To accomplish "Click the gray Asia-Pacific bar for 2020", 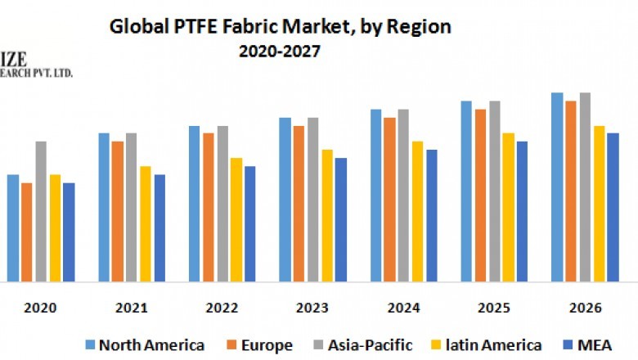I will (x=41, y=211).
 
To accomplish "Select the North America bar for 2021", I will (x=104, y=207).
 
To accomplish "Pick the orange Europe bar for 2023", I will (x=299, y=204).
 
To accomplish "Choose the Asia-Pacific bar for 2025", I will (x=494, y=191).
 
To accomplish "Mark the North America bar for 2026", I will (x=557, y=187).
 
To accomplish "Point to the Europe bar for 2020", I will (x=27, y=232).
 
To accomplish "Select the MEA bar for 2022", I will (x=250, y=223).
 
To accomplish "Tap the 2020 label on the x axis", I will (x=41, y=308).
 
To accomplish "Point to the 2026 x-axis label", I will (x=584, y=308).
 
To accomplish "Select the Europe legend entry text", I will (x=265, y=344).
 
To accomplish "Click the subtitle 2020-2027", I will (x=280, y=51).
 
